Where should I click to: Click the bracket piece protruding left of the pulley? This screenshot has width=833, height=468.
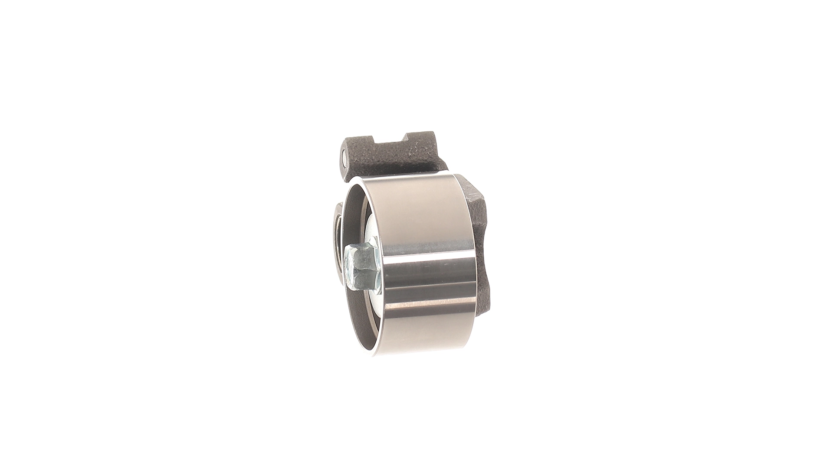pos(334,225)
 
